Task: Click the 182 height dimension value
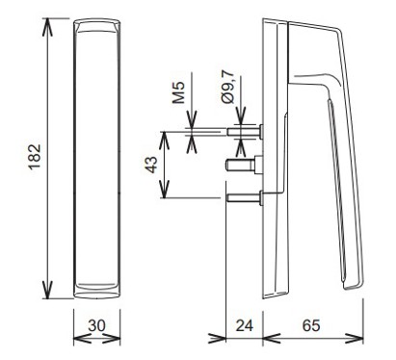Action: (x=35, y=157)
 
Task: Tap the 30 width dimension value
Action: (x=96, y=325)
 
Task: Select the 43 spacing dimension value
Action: (x=151, y=165)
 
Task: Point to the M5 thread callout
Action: (x=178, y=92)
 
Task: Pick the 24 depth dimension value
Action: (x=245, y=325)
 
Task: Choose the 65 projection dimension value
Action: (x=311, y=325)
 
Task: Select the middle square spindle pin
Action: (x=245, y=165)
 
